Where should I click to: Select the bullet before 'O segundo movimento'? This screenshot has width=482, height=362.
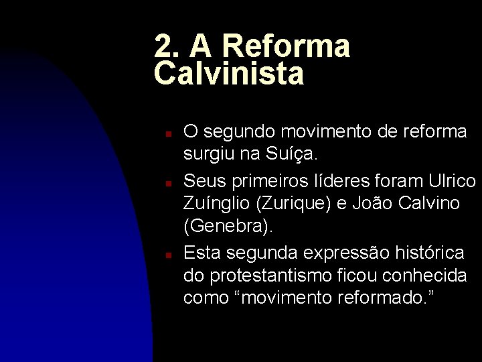(x=171, y=134)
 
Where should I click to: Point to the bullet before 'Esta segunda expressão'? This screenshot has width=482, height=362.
(x=171, y=255)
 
